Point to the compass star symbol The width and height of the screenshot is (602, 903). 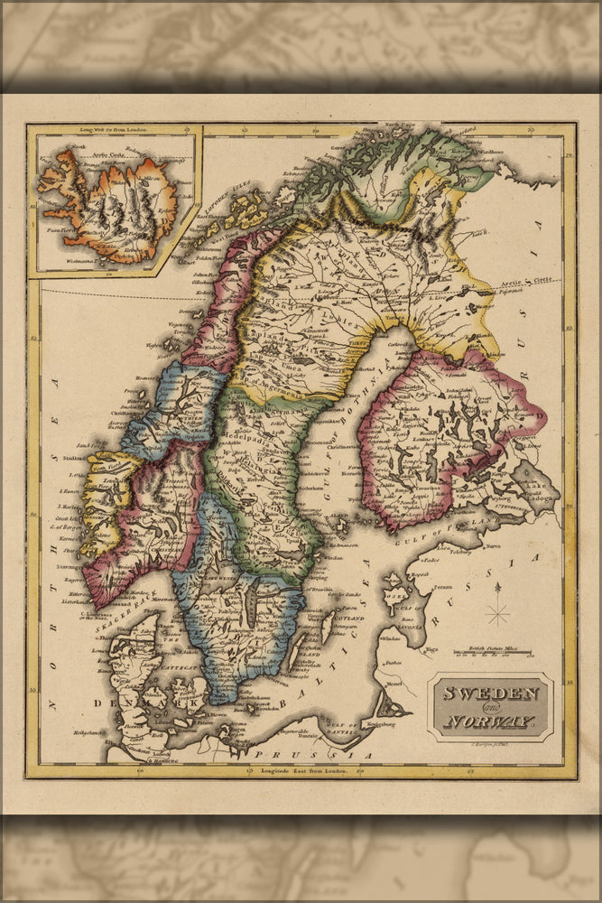[x=497, y=615]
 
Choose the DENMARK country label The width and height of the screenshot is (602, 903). [x=150, y=702]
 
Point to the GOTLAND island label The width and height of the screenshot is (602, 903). [x=350, y=618]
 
